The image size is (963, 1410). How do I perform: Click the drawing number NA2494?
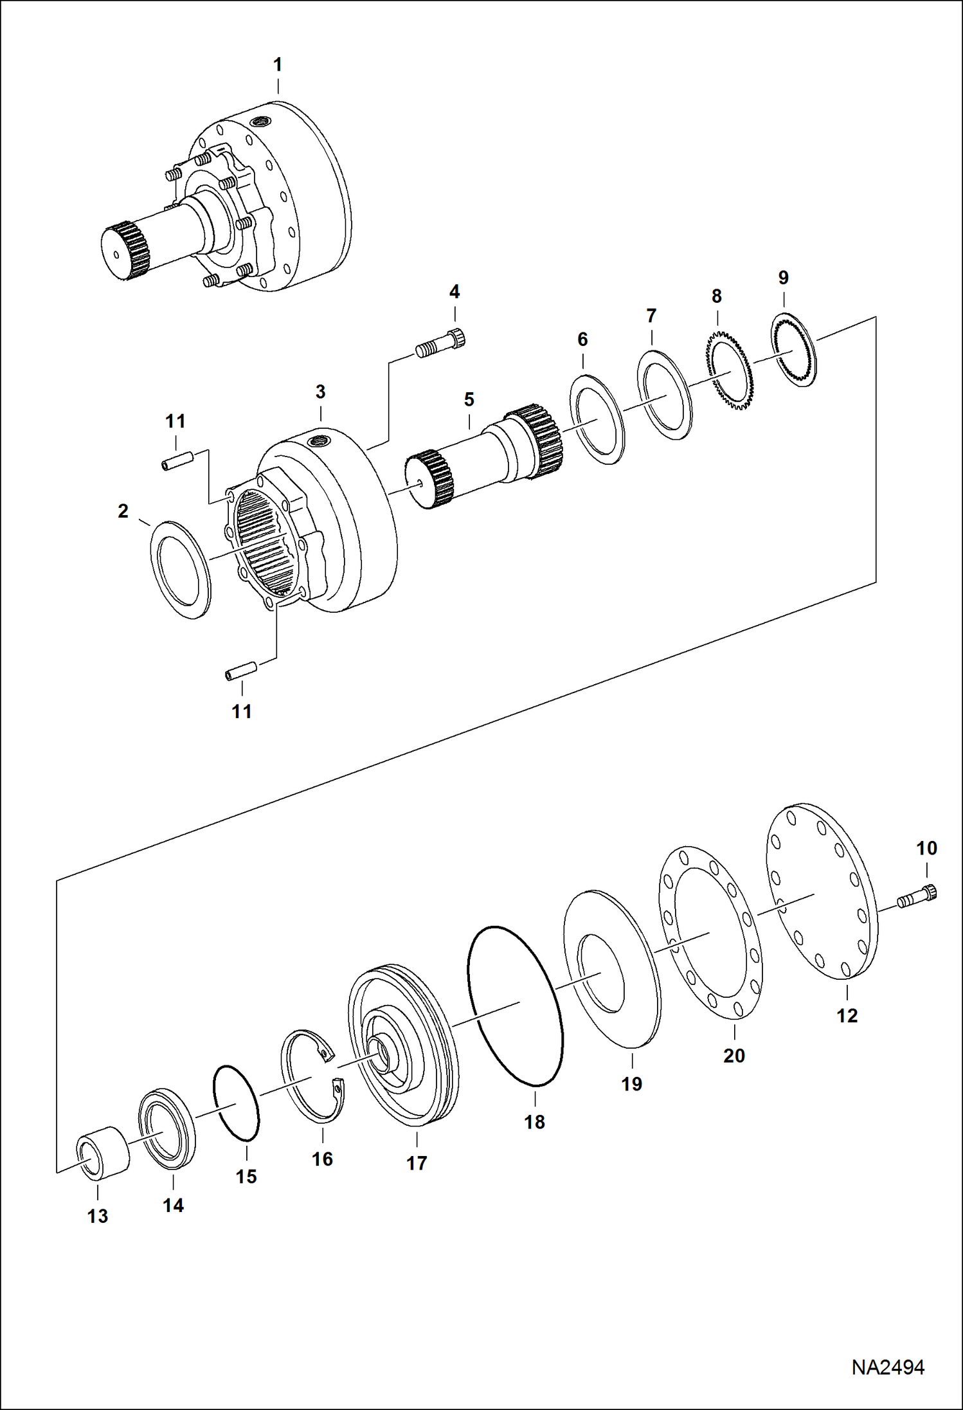coord(888,1368)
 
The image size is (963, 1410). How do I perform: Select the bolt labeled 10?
coord(918,896)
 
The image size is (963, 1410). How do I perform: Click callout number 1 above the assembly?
coord(278,65)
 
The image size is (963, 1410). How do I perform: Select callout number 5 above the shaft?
coord(469,399)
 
